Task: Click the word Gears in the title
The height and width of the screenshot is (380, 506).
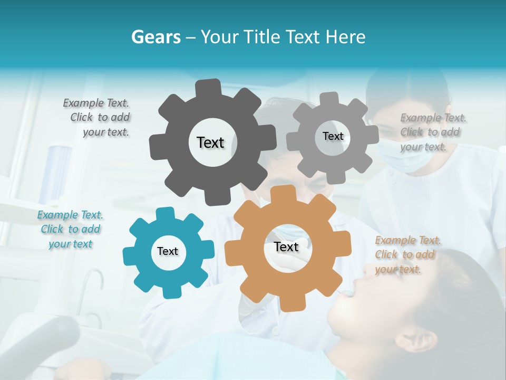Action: click(155, 37)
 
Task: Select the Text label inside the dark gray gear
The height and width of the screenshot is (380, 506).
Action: click(210, 142)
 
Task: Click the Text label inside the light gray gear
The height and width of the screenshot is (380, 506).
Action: click(333, 136)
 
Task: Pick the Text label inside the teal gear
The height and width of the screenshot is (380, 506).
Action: click(168, 251)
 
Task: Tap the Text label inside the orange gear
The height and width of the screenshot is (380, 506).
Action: click(286, 246)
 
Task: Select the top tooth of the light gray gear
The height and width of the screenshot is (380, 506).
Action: click(330, 98)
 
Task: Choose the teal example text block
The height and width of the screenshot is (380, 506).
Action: click(70, 230)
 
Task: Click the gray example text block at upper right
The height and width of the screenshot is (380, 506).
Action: click(432, 132)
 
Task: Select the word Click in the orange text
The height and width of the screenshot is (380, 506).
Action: click(386, 255)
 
